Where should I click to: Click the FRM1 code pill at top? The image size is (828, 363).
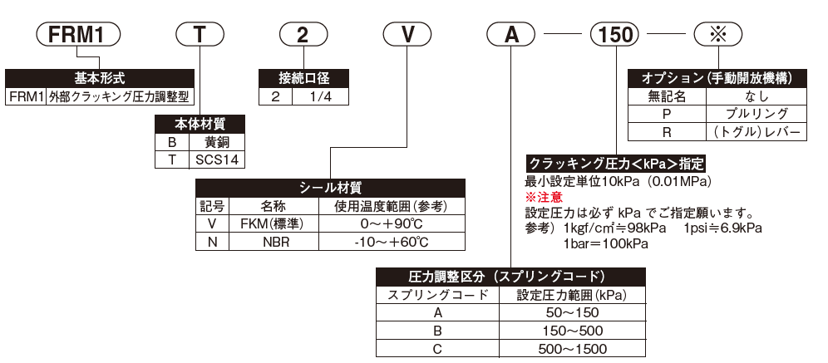[x=79, y=37]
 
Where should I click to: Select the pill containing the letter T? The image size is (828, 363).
[x=200, y=37]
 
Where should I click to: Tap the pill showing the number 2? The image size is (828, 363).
[x=304, y=37]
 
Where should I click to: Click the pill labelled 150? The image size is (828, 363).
[x=616, y=37]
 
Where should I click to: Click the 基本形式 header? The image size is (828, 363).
[x=99, y=79]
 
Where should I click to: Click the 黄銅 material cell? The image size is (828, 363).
[x=219, y=141]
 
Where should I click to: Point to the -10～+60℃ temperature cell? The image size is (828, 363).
[x=391, y=242]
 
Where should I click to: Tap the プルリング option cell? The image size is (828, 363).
[x=756, y=115]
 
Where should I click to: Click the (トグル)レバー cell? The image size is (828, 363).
[x=756, y=132]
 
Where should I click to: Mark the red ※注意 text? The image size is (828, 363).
[x=543, y=198]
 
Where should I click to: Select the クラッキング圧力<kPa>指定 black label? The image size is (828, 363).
[x=616, y=164]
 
